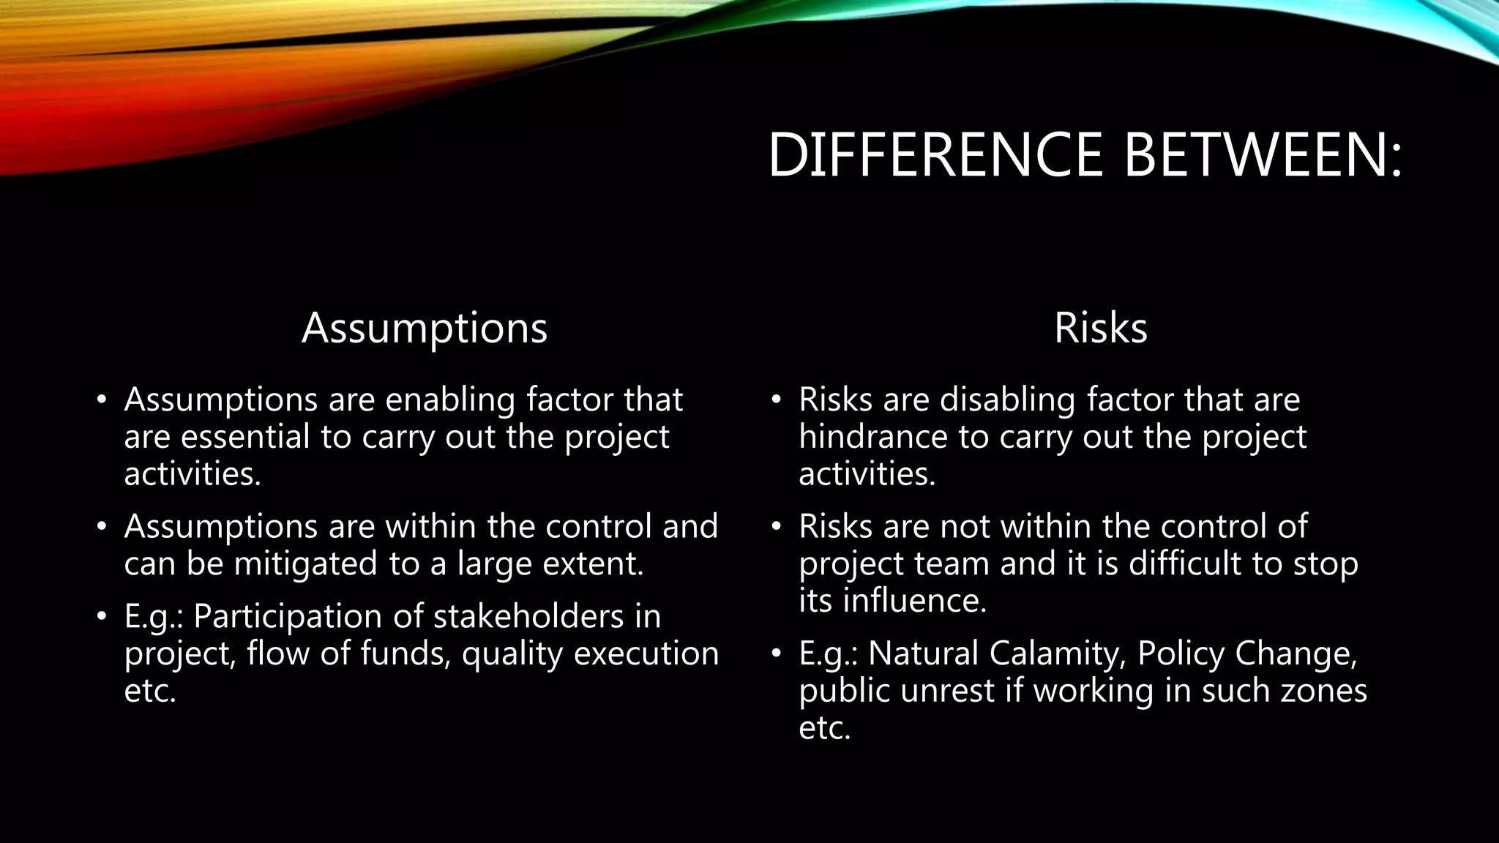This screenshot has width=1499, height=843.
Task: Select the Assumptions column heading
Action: pos(425,328)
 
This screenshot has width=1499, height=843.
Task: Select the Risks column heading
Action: pos(1100,328)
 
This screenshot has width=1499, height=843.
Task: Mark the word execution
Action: pos(646,653)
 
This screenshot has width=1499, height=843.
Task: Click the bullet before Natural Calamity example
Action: pos(777,653)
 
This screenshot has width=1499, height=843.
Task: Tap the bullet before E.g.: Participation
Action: pos(102,616)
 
